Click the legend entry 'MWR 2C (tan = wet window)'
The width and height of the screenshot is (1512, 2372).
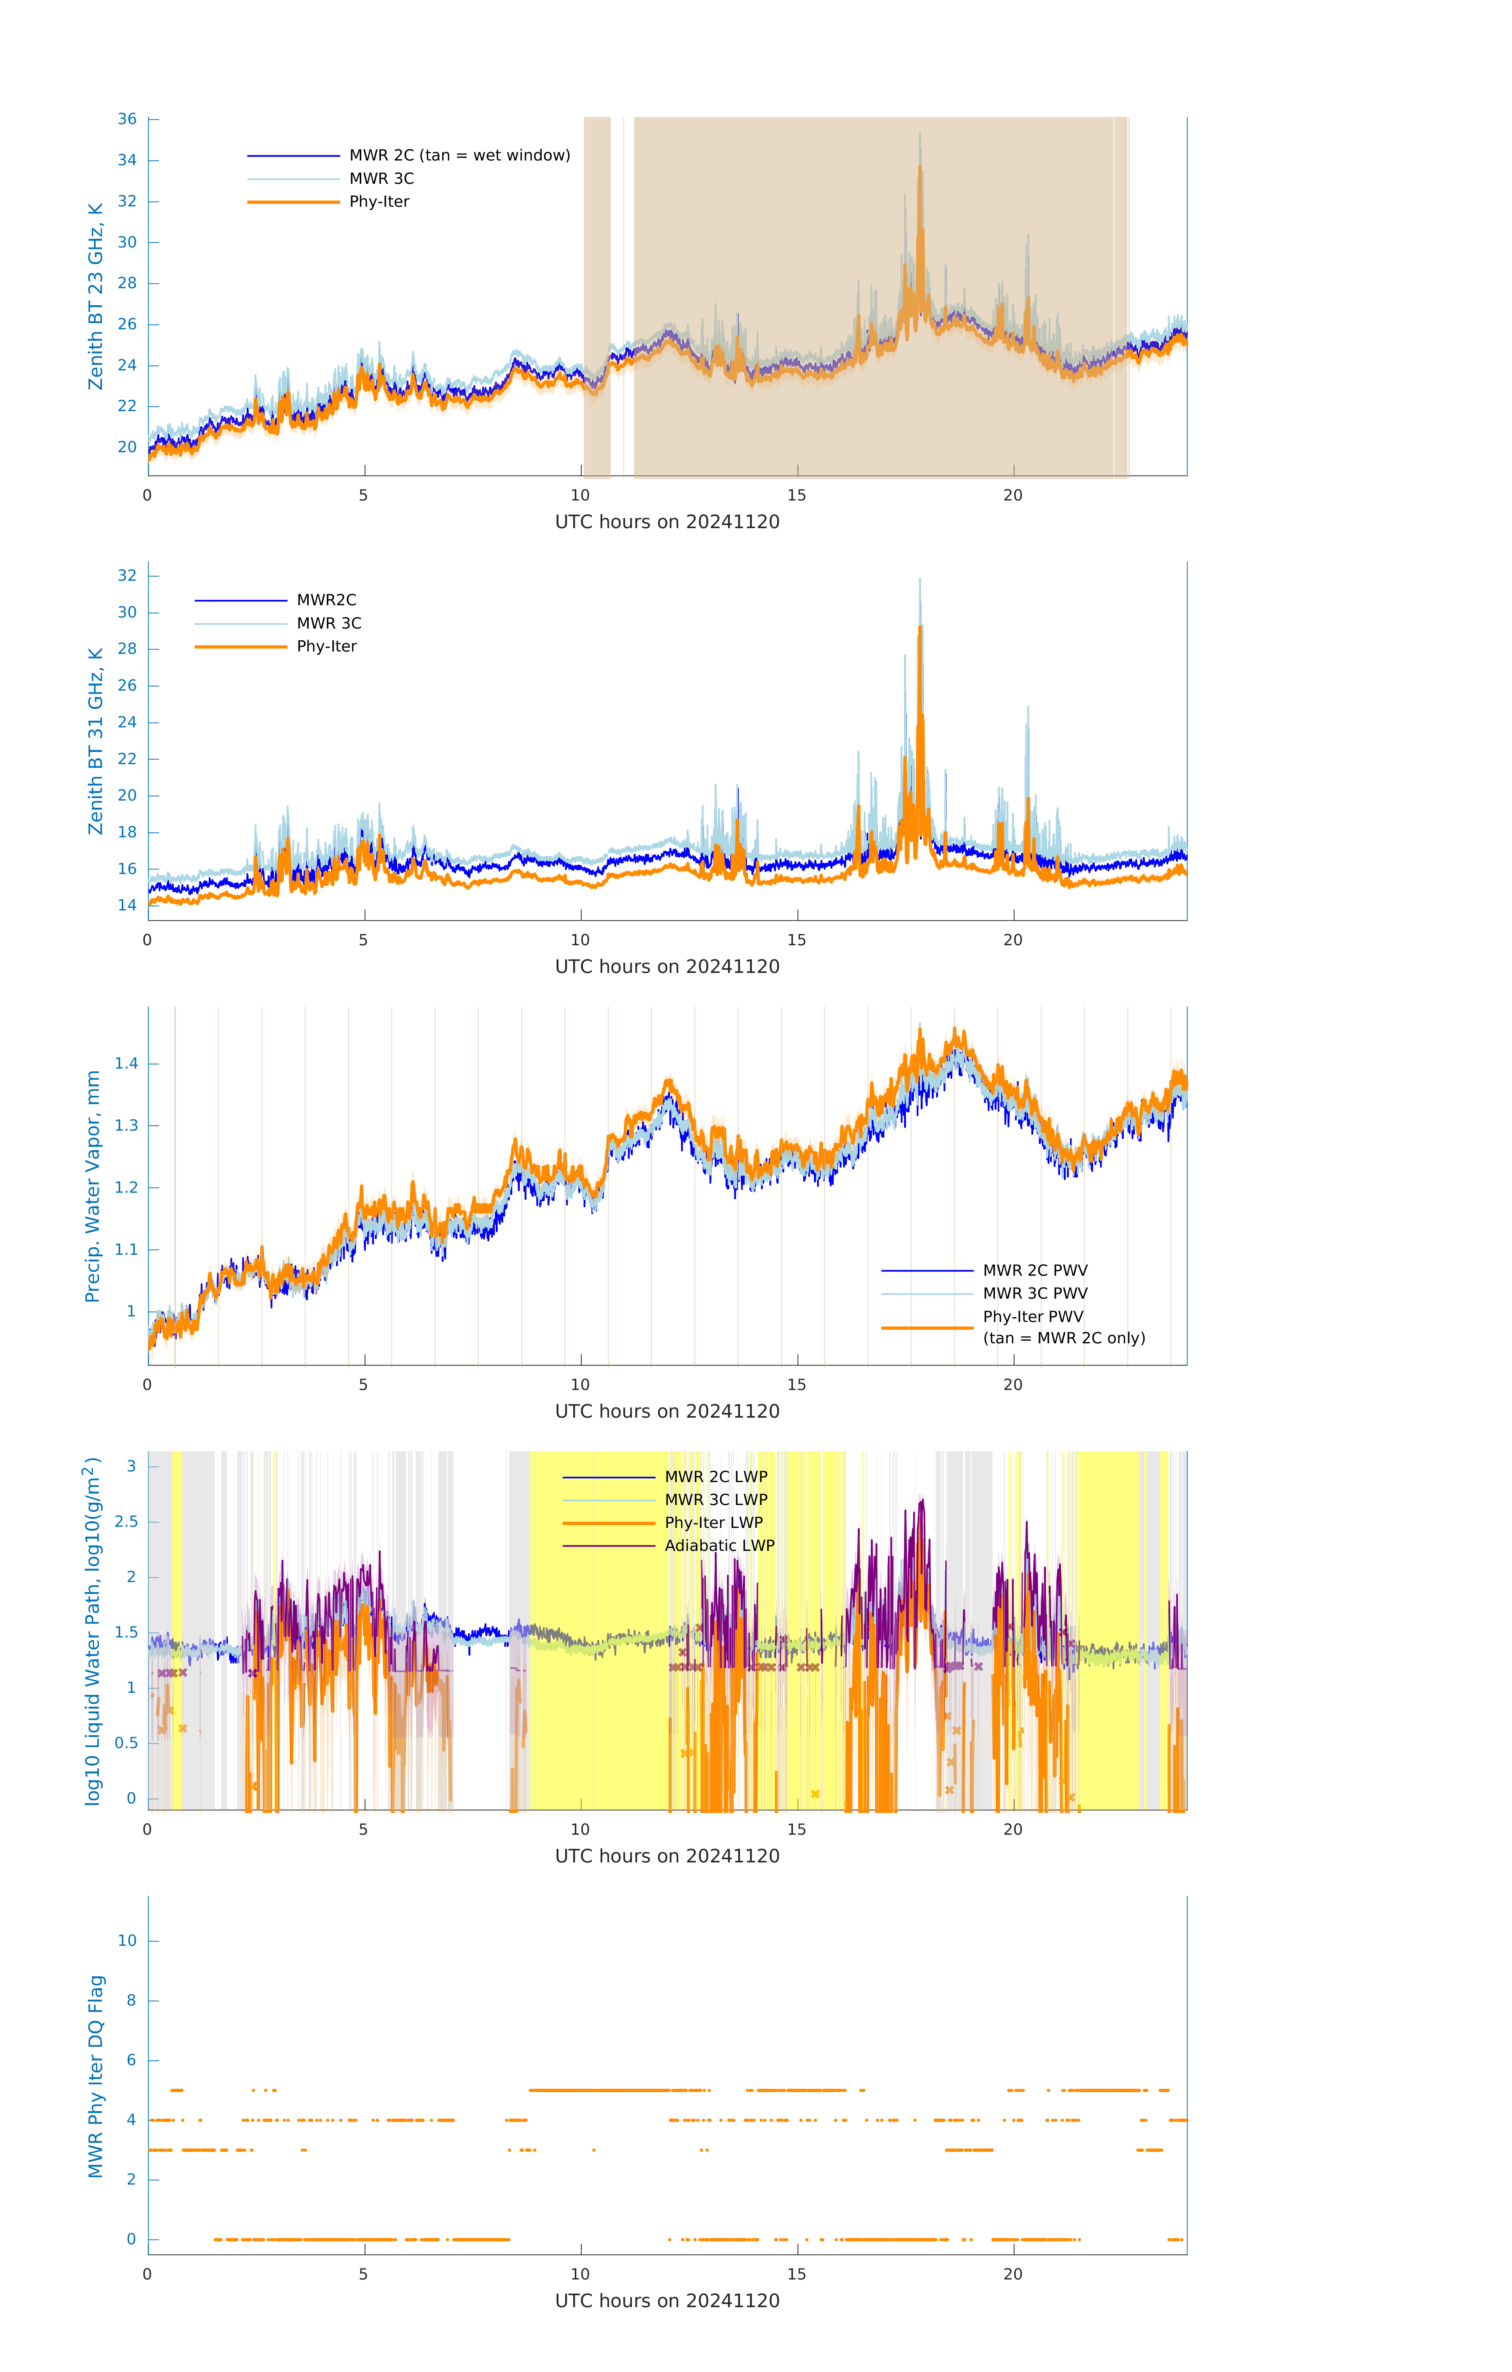459,156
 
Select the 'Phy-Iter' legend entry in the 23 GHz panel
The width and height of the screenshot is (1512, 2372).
379,202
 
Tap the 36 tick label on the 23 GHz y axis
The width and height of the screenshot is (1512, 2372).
127,119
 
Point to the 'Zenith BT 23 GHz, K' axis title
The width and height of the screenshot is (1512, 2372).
96,296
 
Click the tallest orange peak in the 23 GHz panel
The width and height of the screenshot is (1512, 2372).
920,168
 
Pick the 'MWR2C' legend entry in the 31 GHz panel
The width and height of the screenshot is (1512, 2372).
326,600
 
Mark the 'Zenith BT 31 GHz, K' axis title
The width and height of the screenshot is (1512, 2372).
96,741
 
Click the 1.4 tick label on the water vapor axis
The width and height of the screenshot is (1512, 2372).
126,1064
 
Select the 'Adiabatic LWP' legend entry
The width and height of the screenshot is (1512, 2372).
719,1545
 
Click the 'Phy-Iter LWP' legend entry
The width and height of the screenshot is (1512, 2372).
713,1523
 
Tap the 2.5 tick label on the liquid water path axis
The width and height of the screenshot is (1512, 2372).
126,1522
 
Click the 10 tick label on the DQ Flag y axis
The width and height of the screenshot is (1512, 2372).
127,1941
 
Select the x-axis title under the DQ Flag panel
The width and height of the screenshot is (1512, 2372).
667,2301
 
